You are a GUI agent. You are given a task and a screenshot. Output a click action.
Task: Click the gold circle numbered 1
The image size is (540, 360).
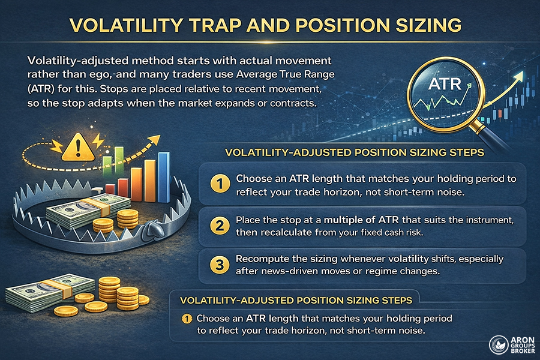coord(220,182)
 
